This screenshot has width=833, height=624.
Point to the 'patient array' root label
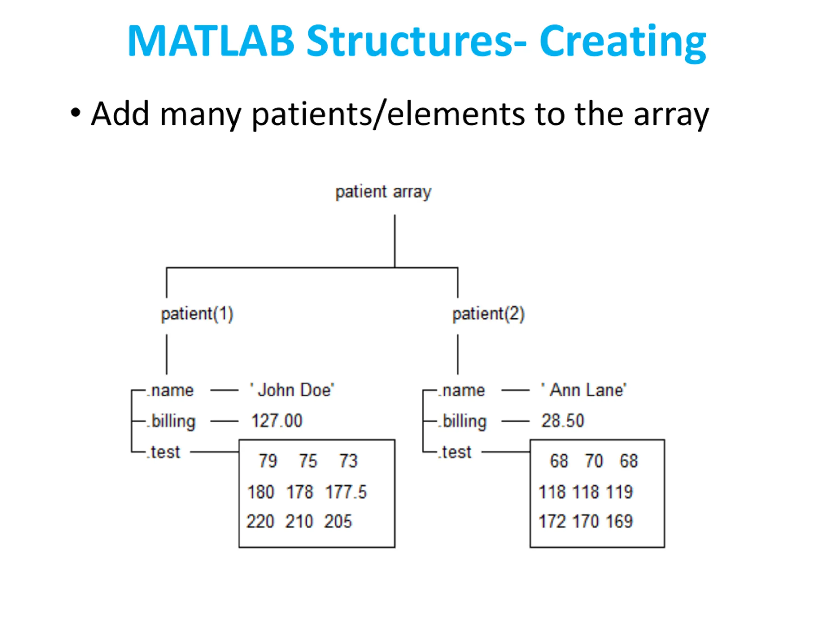pos(383,192)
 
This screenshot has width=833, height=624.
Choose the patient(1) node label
pos(197,314)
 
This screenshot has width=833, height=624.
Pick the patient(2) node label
pos(488,314)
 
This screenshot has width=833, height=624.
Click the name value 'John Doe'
pos(292,390)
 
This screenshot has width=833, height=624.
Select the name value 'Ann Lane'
pos(584,390)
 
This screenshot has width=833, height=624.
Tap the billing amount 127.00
pos(277,421)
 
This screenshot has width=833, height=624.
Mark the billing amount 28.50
pos(563,421)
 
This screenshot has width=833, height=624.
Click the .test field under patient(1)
pos(163,452)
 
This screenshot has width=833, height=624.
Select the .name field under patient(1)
pos(170,390)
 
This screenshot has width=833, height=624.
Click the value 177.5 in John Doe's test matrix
pos(346,492)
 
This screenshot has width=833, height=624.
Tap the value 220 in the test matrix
pos(260,521)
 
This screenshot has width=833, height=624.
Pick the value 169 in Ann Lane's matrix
pos(620,521)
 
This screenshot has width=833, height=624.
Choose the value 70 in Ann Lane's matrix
pos(594,461)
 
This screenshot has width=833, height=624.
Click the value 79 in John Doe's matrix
pos(268,461)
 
